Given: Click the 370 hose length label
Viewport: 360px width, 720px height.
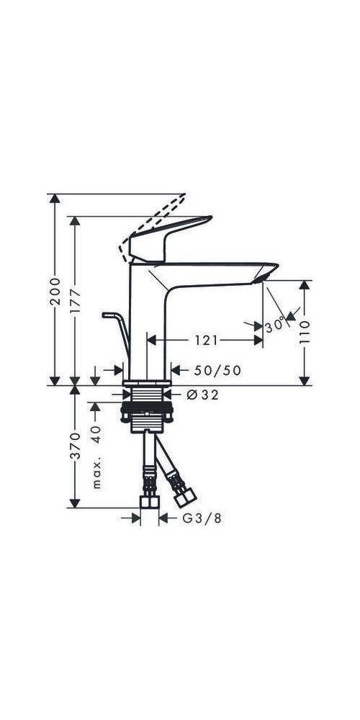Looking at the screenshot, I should pos(75,446).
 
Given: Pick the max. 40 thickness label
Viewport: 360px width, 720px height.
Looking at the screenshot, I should pos(96,446).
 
